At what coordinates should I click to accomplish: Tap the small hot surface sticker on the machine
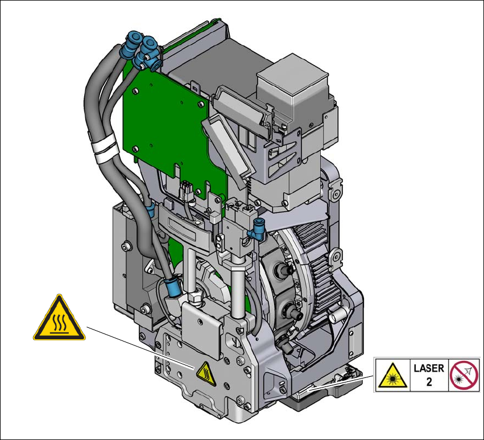[x=206, y=375]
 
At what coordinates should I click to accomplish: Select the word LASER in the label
[x=429, y=368]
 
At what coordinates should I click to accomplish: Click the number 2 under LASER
[x=429, y=382]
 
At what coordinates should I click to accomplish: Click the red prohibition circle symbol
[x=464, y=375]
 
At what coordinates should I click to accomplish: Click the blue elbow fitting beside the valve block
[x=259, y=230]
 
